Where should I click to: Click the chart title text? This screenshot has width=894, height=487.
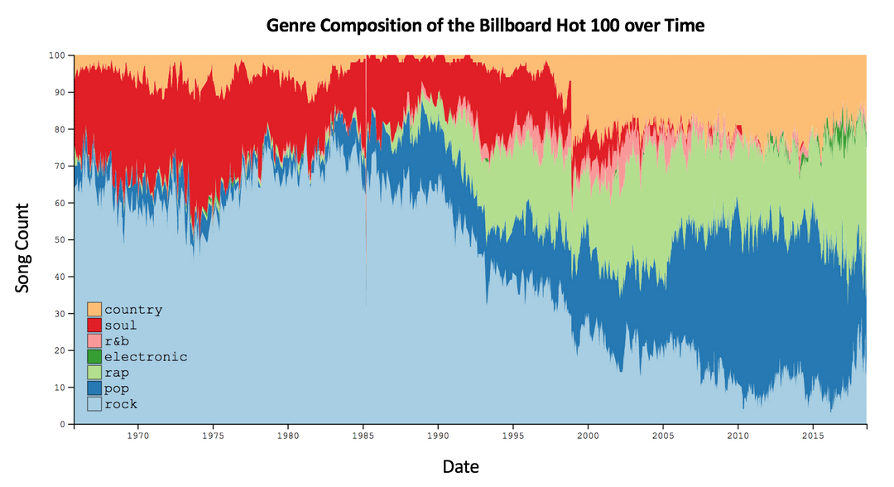[485, 25]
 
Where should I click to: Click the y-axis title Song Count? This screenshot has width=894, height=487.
[23, 248]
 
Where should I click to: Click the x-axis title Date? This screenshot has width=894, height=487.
[460, 466]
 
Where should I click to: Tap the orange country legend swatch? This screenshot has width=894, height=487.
[94, 310]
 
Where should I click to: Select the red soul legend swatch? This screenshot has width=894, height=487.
[94, 325]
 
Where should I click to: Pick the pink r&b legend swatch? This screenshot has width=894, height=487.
[94, 341]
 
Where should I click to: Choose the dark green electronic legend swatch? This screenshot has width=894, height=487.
[94, 357]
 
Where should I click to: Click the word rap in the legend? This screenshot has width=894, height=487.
[116, 373]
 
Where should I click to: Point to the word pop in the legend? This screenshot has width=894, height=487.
[116, 388]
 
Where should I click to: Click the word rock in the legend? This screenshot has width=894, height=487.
[121, 404]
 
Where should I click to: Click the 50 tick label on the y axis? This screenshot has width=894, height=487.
[60, 240]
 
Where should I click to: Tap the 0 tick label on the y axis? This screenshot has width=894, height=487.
[63, 424]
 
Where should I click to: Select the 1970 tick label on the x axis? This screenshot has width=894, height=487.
[137, 435]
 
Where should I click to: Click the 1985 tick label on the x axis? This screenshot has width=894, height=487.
[363, 435]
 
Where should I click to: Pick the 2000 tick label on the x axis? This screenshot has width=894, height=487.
[588, 435]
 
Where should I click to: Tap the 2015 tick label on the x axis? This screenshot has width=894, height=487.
[813, 435]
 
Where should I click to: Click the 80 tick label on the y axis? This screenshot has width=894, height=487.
[60, 129]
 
